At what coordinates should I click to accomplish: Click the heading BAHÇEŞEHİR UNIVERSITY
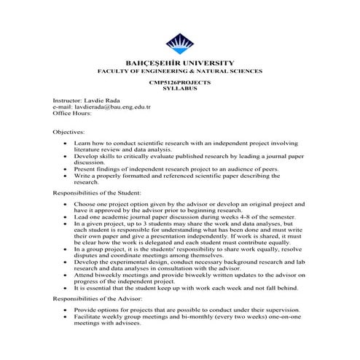(179, 64)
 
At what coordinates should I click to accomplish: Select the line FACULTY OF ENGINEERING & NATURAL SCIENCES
(179, 73)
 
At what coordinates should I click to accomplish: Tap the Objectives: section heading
(69, 132)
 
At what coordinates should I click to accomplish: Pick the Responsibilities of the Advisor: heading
(98, 299)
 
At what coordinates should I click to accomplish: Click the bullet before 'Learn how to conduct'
(66, 145)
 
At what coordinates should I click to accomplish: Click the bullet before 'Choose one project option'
(66, 207)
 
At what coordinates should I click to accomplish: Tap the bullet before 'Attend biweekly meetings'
(66, 275)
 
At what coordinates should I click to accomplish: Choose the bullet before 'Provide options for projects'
(66, 310)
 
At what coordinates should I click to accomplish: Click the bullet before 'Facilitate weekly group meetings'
(66, 318)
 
